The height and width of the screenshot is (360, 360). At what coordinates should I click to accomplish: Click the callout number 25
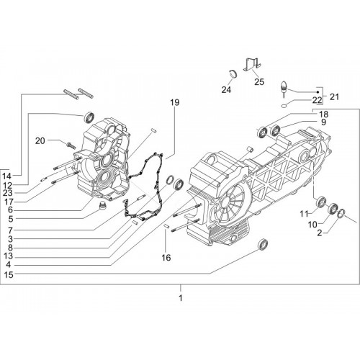[259, 81]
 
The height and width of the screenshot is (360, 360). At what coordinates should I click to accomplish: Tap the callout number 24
[226, 89]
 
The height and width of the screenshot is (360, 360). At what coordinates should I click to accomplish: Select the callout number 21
[334, 96]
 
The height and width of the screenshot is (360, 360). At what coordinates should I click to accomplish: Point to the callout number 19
[175, 102]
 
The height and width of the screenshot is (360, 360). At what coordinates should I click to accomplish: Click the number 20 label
[40, 140]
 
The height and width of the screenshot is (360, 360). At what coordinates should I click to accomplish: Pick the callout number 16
[166, 258]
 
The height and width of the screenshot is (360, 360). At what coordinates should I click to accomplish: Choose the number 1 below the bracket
[181, 298]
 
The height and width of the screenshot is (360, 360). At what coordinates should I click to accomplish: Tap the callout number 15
[9, 274]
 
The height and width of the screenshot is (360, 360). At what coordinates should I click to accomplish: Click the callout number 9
[323, 122]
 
